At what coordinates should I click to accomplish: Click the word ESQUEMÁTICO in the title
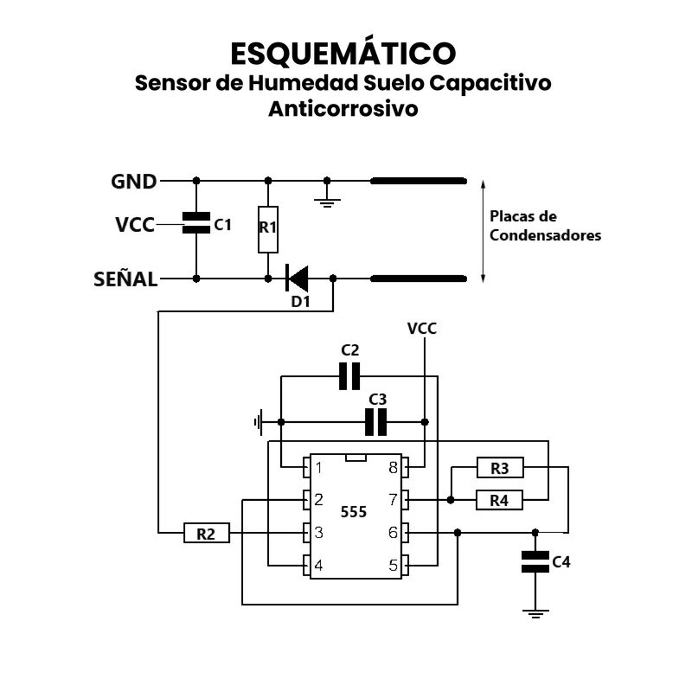(x=343, y=54)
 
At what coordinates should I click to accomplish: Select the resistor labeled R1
(x=267, y=229)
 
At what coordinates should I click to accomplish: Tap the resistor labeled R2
(x=206, y=534)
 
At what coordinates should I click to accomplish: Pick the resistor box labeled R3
(x=499, y=469)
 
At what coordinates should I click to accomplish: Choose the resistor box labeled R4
(x=499, y=500)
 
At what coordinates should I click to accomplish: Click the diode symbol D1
(x=298, y=279)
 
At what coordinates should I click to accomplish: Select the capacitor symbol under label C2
(x=349, y=376)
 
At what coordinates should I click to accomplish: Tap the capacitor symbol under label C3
(x=377, y=422)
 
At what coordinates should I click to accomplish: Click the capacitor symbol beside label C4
(x=535, y=562)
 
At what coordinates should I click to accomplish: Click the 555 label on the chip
(x=353, y=511)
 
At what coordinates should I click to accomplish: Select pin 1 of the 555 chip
(x=306, y=468)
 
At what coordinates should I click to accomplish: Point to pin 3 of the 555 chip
(x=306, y=533)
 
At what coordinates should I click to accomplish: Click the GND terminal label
(x=134, y=182)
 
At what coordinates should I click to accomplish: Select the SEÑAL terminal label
(x=125, y=279)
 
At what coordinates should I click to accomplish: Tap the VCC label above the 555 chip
(x=422, y=329)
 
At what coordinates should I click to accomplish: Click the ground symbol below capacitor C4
(x=536, y=613)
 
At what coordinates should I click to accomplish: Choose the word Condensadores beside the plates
(x=545, y=234)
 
